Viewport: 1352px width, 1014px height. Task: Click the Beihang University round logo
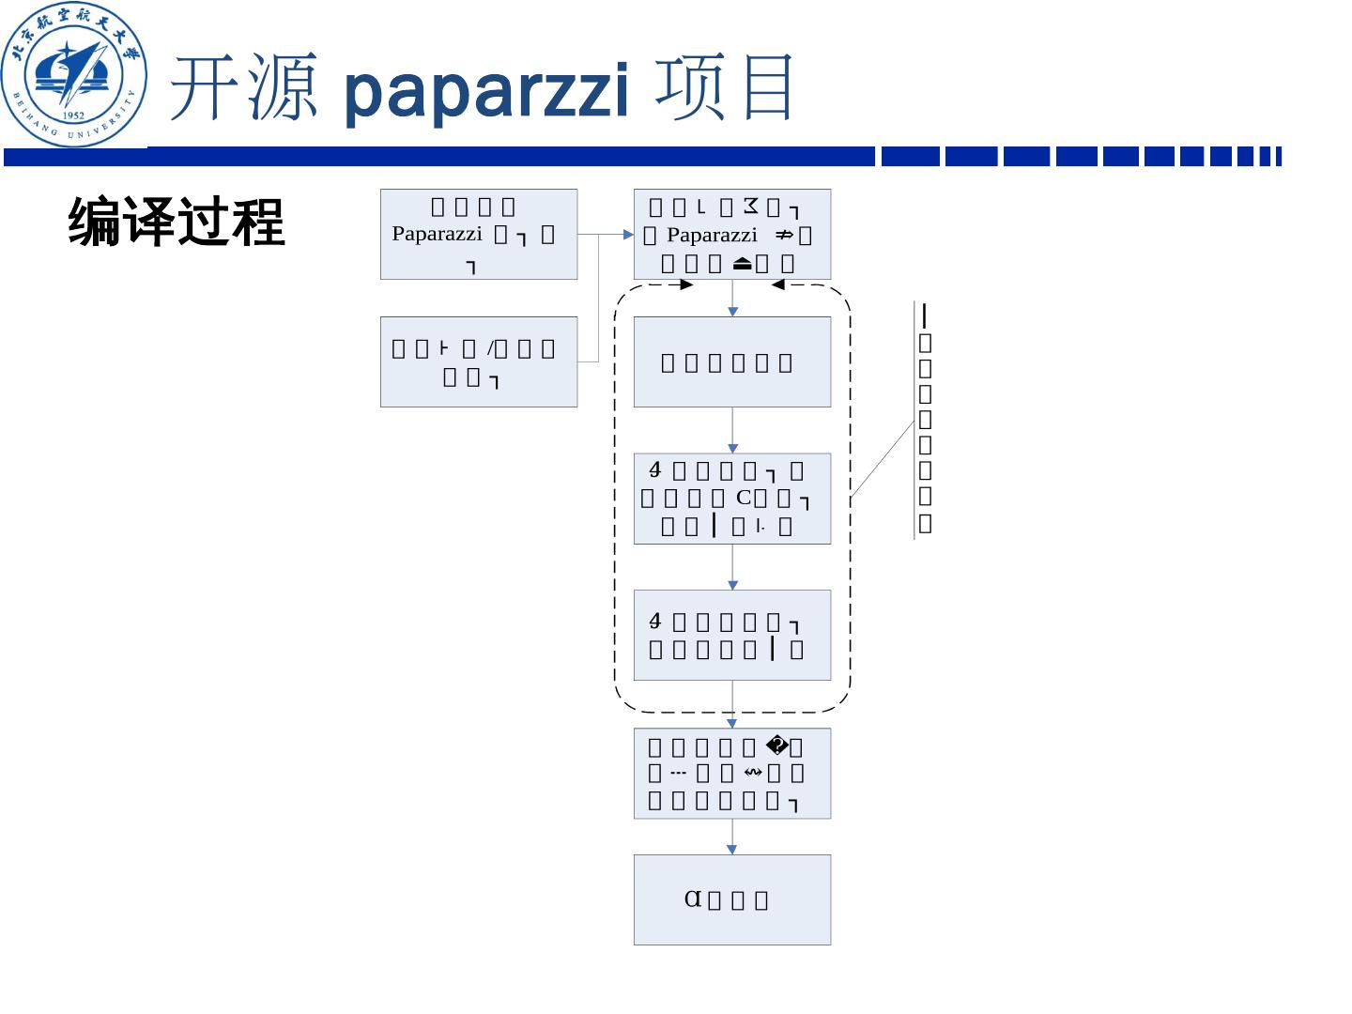73,75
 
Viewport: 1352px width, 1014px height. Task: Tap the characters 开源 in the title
243,88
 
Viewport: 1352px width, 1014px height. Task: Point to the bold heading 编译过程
177,223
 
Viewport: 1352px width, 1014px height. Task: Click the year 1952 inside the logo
73,115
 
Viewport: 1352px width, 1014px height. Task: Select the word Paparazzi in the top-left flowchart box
437,234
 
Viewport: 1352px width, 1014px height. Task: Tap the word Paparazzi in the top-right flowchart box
711,235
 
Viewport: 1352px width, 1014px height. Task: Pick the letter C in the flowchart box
743,498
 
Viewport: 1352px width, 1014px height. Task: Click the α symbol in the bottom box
693,899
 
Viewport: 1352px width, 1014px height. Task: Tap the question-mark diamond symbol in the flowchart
776,746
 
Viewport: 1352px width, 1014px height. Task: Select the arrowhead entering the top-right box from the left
628,234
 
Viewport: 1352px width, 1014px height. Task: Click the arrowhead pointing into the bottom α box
732,849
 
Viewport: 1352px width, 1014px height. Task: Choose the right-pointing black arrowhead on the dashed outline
686,285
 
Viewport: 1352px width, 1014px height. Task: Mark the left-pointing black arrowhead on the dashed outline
777,285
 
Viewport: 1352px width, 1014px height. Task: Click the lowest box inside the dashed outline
732,635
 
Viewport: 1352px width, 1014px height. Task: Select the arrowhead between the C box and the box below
732,584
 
